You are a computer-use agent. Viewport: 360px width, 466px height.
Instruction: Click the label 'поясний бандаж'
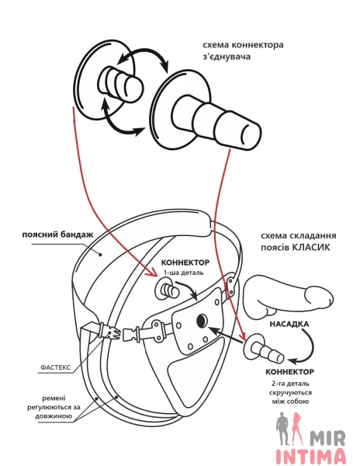[x=57, y=235]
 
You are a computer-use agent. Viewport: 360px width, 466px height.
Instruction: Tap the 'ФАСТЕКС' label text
[x=56, y=367]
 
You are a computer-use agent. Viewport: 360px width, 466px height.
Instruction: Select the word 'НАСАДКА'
[x=289, y=324]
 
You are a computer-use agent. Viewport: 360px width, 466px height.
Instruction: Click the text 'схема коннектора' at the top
[x=243, y=45]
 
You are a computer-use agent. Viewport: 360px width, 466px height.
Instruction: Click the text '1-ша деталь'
[x=184, y=273]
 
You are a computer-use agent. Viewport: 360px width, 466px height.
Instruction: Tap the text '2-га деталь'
[x=290, y=384]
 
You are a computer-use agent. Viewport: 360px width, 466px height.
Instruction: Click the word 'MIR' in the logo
[x=327, y=438]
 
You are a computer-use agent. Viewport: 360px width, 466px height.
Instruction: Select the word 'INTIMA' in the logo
[x=311, y=457]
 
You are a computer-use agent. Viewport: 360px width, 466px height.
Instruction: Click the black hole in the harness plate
[x=202, y=320]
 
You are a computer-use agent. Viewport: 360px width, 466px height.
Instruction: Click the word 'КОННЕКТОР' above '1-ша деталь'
[x=185, y=263]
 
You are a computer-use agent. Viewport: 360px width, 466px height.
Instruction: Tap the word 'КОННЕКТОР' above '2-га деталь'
[x=289, y=372]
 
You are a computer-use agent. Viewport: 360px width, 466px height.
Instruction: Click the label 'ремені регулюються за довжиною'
[x=54, y=407]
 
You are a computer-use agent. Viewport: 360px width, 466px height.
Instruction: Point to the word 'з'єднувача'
[x=227, y=57]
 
